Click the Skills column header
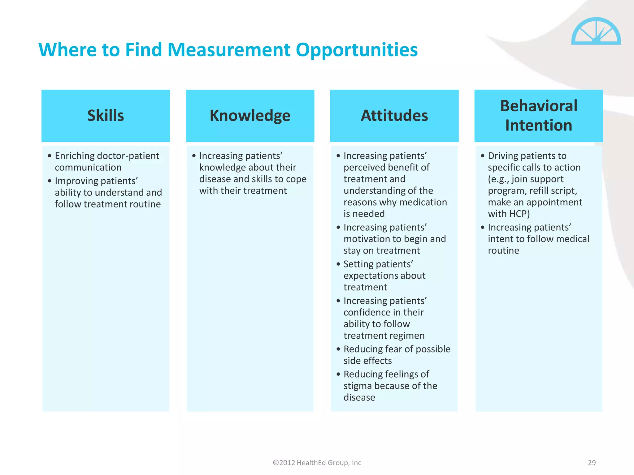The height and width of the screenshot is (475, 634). click(x=106, y=116)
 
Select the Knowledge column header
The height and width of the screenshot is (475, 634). click(x=250, y=116)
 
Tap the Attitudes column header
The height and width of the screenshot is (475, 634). click(x=394, y=116)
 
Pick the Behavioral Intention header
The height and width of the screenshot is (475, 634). click(x=538, y=116)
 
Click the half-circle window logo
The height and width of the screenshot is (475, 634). click(x=596, y=32)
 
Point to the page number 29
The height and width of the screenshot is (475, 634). click(x=592, y=463)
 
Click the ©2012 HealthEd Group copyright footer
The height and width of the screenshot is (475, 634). click(x=317, y=463)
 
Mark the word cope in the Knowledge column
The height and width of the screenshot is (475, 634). click(x=296, y=179)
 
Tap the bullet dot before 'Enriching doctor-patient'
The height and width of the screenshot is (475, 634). click(x=50, y=156)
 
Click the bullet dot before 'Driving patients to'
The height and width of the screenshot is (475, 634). click(x=483, y=156)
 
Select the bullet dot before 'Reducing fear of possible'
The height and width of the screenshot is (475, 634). click(x=338, y=349)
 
